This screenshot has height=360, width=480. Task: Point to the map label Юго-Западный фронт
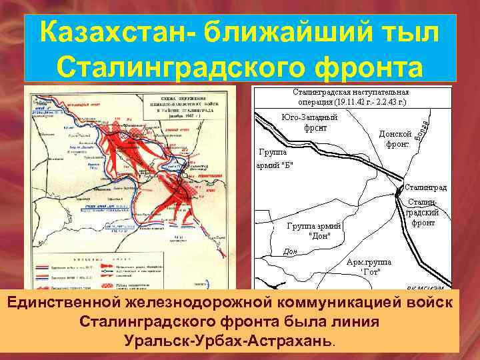(x=309, y=123)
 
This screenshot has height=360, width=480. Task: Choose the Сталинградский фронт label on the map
(x=423, y=211)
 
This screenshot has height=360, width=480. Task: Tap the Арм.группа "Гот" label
(x=369, y=267)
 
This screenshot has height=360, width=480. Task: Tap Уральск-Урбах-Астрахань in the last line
(x=227, y=341)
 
